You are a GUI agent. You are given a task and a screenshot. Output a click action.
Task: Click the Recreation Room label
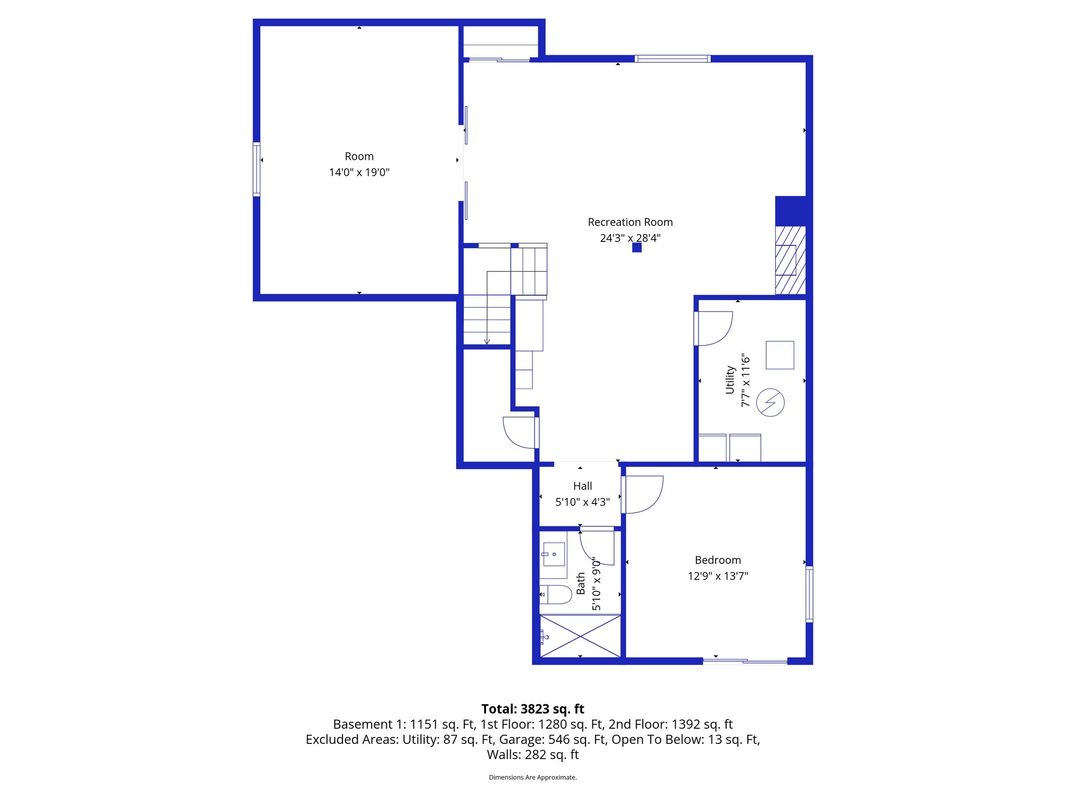(630, 222)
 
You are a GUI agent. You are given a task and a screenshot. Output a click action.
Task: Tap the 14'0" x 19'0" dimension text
(359, 173)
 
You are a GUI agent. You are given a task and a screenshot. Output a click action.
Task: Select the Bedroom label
(718, 560)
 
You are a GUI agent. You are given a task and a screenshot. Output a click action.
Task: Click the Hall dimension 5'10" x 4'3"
(582, 502)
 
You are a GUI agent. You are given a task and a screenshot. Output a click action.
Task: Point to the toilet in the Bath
(556, 595)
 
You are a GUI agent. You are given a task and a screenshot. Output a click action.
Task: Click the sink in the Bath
(553, 555)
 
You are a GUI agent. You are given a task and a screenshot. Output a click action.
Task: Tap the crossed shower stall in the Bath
(580, 636)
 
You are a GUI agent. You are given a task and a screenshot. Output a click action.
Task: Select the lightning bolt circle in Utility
(770, 403)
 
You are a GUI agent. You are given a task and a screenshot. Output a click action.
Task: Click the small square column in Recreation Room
(637, 248)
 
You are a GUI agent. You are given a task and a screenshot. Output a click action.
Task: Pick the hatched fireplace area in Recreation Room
(790, 260)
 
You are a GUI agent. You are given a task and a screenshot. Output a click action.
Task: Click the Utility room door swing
(715, 328)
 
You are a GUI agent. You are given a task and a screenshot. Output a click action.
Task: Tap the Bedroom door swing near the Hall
(644, 494)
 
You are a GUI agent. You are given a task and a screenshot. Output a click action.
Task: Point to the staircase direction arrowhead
(487, 342)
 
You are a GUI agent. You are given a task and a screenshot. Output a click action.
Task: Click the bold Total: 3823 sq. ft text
(532, 709)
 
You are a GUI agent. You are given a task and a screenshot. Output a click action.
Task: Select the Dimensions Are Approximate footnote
(532, 778)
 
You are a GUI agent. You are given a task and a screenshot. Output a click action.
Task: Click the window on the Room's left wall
(256, 169)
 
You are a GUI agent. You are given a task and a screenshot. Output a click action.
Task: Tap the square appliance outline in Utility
(780, 355)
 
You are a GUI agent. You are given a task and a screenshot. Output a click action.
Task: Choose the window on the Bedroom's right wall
(809, 594)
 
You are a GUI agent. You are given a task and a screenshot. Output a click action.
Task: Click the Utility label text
(730, 380)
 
